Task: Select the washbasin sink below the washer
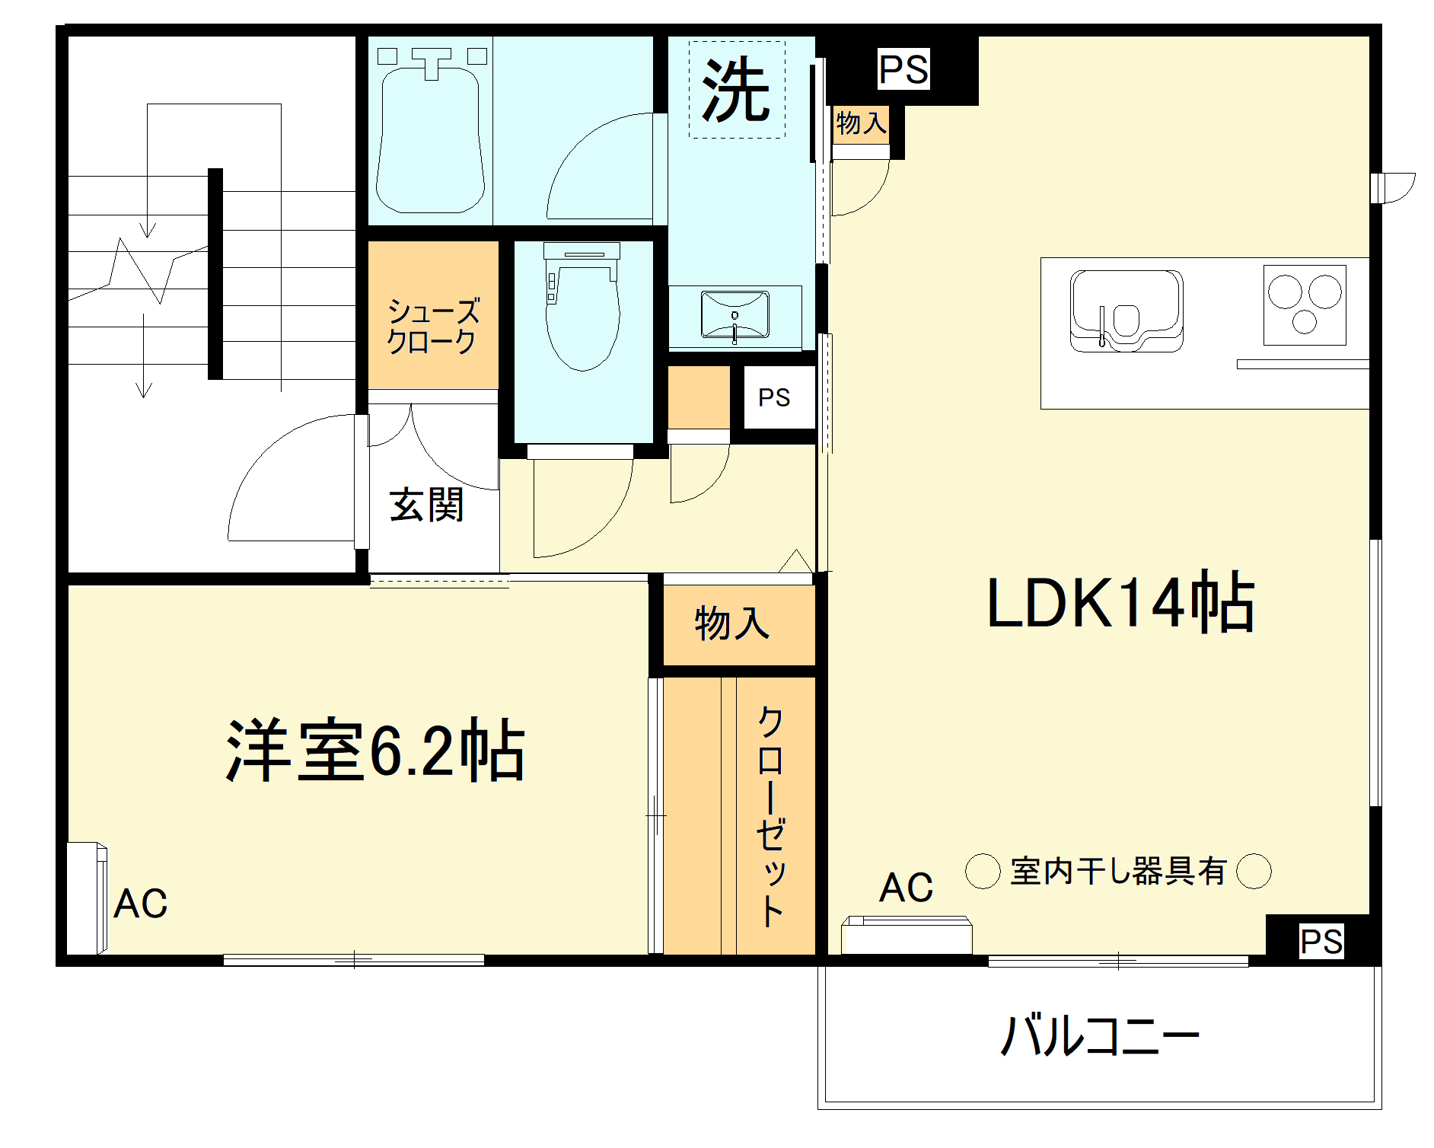coord(735,314)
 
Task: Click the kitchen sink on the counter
coord(1126,311)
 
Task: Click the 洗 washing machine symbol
coord(736,90)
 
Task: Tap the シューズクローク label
coord(433,326)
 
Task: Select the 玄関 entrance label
coord(426,505)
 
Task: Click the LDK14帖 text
coord(1120,602)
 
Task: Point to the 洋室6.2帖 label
coord(375,751)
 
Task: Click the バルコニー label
coord(1099,1035)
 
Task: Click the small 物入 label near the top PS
coord(861,123)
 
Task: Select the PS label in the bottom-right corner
coord(1321,942)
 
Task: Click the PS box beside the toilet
coord(774,397)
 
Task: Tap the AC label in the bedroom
coord(141,904)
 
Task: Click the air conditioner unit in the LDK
coord(907,936)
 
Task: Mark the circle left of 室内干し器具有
coord(983,871)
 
